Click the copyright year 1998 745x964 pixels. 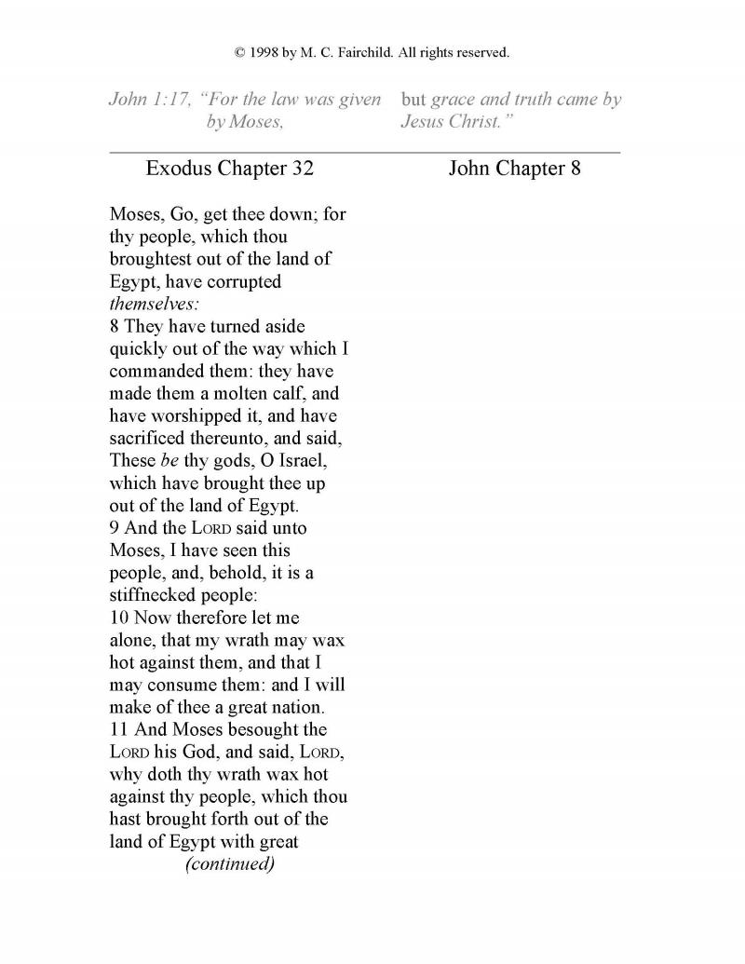pyautogui.click(x=265, y=53)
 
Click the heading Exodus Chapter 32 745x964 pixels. pyautogui.click(x=230, y=169)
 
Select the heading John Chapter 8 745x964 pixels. pyautogui.click(x=514, y=169)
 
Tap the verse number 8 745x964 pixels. pyautogui.click(x=115, y=326)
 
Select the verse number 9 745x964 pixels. pyautogui.click(x=115, y=528)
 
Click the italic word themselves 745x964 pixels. pyautogui.click(x=147, y=304)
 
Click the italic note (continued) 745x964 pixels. pyautogui.click(x=230, y=863)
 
